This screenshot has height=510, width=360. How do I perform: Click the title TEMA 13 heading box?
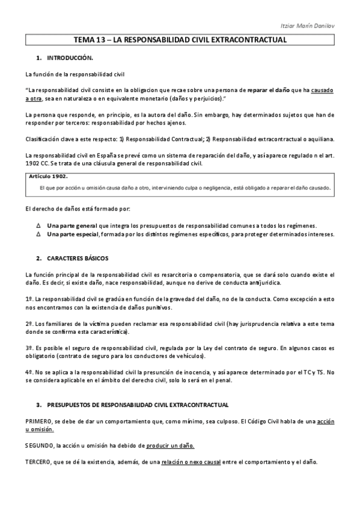pyautogui.click(x=180, y=40)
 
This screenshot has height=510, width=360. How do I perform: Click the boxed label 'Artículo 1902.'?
pyautogui.click(x=48, y=176)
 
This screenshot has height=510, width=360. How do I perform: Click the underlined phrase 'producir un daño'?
pyautogui.click(x=170, y=446)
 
